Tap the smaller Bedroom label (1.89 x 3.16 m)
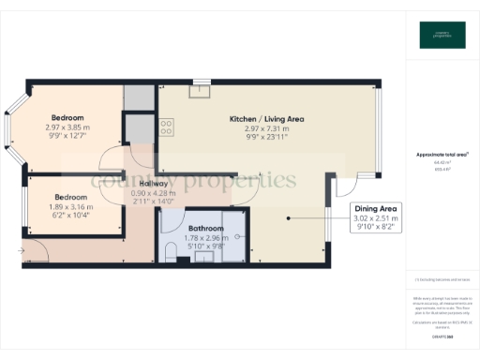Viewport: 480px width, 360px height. coord(70,197)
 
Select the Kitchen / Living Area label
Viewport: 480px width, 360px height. coord(267,119)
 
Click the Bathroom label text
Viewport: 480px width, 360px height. coord(205,228)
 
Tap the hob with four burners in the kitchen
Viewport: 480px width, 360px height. coord(165,125)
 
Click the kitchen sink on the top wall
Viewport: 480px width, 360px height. coord(200,90)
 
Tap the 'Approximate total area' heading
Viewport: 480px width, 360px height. coord(441,154)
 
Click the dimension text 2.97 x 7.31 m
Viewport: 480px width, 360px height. coord(267,128)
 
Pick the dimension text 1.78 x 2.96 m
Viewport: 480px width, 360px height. coord(205,238)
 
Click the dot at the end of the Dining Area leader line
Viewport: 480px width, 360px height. coord(288,219)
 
